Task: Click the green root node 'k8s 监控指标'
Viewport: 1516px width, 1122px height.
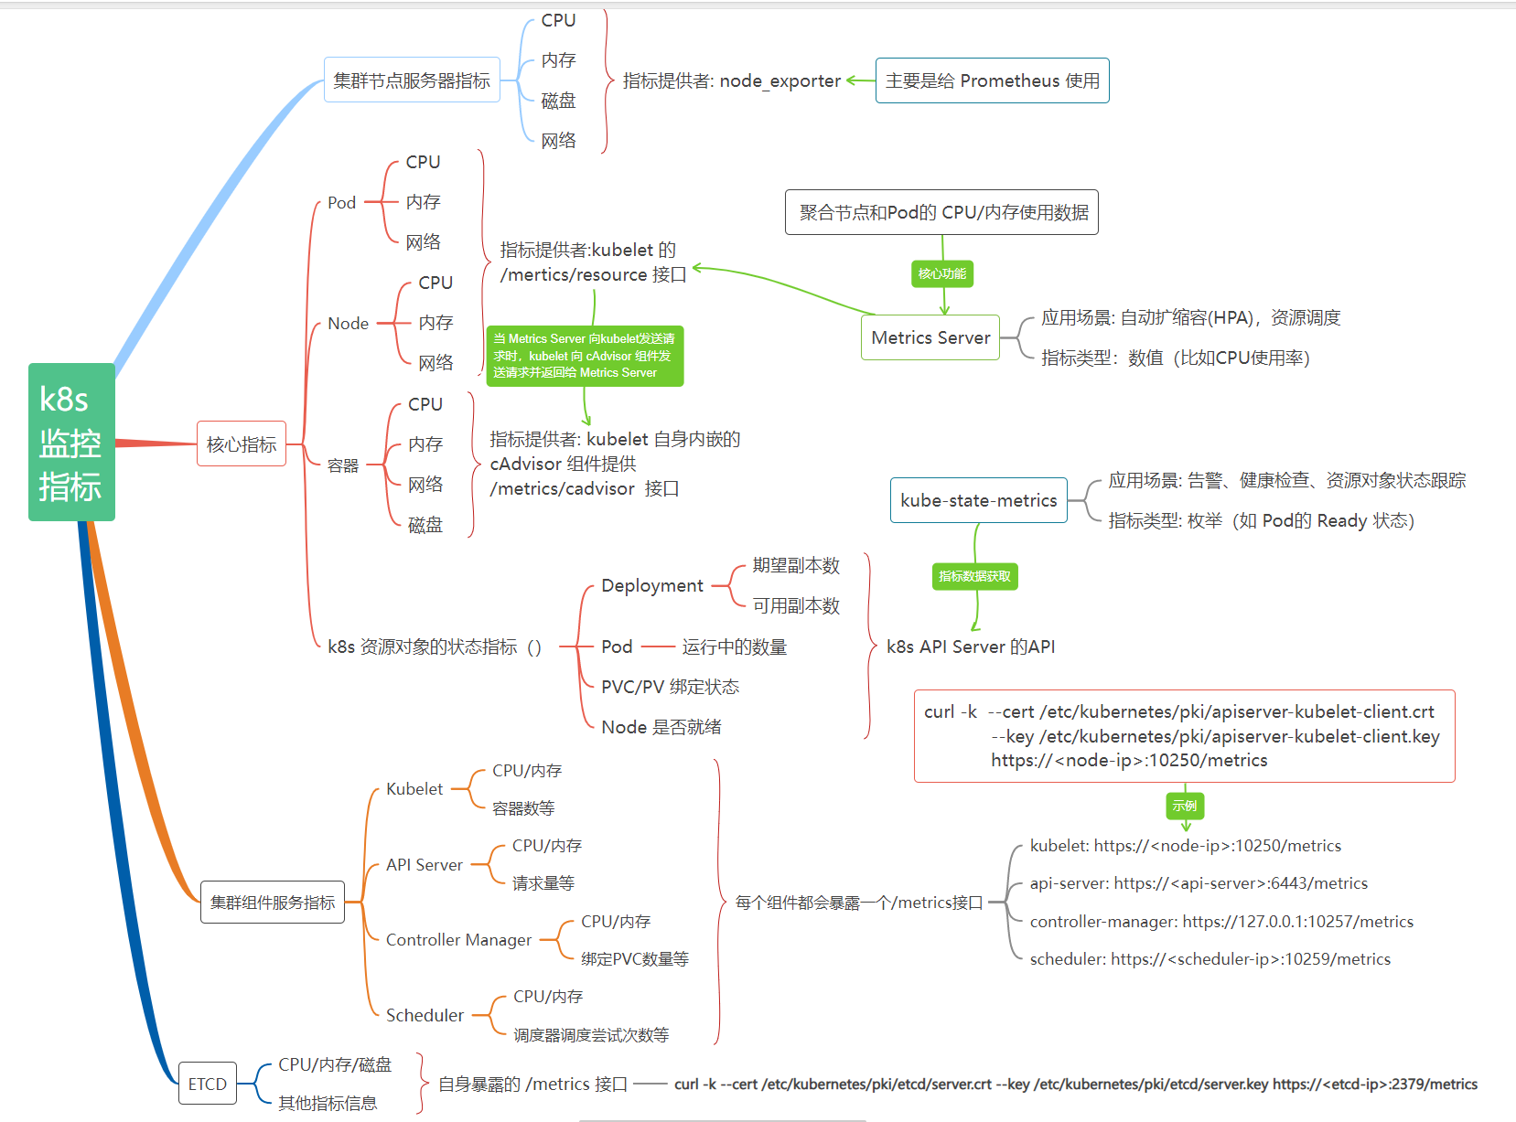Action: click(x=71, y=442)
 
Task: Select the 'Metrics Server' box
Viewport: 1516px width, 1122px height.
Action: click(x=930, y=337)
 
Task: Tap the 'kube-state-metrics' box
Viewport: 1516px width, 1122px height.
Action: click(x=978, y=500)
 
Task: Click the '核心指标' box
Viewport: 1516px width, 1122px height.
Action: click(x=242, y=444)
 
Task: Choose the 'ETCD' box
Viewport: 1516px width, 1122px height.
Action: click(x=208, y=1084)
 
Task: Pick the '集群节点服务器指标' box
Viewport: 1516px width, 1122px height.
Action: click(x=412, y=80)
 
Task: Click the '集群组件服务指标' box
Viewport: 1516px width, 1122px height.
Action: click(x=273, y=903)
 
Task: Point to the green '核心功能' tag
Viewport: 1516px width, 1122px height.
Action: click(x=941, y=273)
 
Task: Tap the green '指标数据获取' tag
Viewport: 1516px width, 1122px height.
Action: click(x=974, y=576)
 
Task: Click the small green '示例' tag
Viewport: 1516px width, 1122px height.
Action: click(x=1185, y=806)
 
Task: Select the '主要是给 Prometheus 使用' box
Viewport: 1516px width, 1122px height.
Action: click(x=992, y=80)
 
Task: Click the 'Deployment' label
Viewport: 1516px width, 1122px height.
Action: click(x=652, y=585)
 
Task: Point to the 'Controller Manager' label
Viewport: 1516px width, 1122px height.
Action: click(x=458, y=940)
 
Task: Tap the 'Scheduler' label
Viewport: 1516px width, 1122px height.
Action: click(x=425, y=1015)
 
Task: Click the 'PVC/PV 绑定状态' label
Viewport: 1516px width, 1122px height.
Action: click(x=670, y=687)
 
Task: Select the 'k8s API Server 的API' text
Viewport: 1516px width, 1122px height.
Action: click(x=970, y=646)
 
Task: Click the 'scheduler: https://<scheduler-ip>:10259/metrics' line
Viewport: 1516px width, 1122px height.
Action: click(x=1210, y=959)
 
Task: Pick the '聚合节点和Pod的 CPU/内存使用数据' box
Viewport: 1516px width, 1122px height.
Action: click(x=941, y=212)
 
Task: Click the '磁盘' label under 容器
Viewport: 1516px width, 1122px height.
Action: click(x=425, y=525)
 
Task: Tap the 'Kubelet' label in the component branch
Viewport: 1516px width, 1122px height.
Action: click(x=414, y=789)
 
